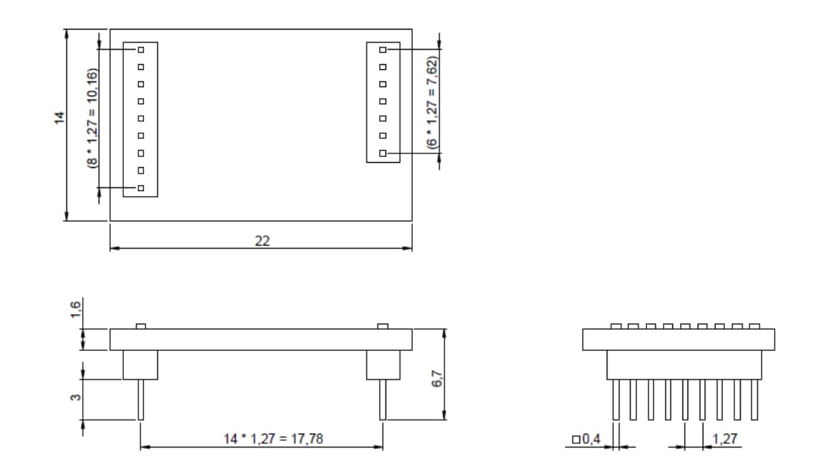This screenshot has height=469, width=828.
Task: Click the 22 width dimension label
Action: (x=262, y=241)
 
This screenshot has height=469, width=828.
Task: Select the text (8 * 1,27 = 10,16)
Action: (x=93, y=118)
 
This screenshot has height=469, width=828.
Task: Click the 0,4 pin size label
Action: (x=587, y=439)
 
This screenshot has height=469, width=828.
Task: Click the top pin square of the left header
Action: (x=141, y=50)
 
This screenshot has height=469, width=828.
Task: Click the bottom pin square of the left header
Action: (x=141, y=188)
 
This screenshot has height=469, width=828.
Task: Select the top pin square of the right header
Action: (x=383, y=50)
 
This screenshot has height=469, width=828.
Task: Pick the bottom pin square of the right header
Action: (x=383, y=153)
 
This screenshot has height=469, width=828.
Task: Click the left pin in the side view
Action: (x=141, y=400)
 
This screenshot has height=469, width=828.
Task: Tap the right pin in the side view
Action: (x=383, y=400)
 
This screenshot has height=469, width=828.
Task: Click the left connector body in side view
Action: (x=141, y=365)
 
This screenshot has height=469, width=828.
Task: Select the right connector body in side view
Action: (x=383, y=365)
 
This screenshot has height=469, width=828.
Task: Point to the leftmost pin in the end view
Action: (x=616, y=400)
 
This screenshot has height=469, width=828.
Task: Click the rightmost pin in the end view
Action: (x=754, y=400)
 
